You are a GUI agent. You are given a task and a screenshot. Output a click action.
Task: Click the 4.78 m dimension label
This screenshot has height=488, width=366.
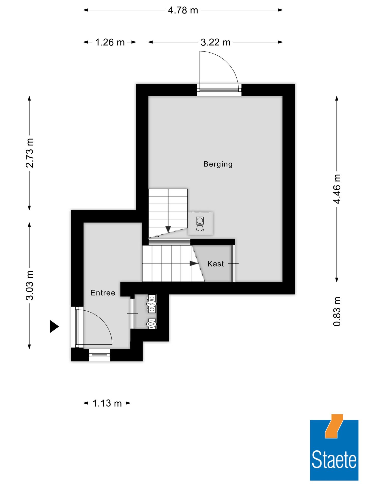coord(183,10)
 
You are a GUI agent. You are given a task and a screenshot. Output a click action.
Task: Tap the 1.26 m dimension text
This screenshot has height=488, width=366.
coord(110,42)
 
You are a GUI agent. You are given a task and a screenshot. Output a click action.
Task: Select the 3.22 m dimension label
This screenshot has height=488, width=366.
coord(215,42)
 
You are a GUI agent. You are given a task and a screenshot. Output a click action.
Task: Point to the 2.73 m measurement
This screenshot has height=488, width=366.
coord(29,153)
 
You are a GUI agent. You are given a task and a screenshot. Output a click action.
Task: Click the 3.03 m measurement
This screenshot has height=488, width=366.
coord(29,285)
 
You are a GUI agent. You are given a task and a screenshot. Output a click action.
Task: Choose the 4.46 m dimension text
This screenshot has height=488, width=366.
coord(337,189)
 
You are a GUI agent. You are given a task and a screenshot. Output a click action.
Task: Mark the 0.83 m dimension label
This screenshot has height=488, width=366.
coord(337,311)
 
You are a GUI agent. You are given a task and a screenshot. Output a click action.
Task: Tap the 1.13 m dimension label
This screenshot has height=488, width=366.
coord(107,403)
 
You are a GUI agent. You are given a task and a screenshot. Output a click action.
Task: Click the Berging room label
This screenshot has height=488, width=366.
coord(218,164)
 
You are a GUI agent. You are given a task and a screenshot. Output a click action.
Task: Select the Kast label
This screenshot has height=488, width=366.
coord(216,264)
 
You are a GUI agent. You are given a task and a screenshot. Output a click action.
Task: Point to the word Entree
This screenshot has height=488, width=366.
coord(103,293)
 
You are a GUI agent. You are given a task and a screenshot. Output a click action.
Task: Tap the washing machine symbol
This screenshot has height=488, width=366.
coord(200,224)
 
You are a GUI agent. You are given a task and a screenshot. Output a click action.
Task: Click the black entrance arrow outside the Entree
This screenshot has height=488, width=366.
coord(54,326)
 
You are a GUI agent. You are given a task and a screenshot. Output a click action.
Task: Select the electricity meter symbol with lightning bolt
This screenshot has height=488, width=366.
coord(152,303)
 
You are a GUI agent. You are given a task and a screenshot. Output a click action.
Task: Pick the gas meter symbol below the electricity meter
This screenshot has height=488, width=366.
coord(152,324)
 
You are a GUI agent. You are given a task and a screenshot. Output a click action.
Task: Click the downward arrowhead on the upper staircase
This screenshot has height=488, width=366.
coord(168,229)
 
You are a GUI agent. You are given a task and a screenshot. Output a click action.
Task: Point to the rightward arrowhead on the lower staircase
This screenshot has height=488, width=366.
coord(194,264)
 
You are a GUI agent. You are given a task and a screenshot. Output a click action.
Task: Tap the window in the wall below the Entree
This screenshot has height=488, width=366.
coord(99,355)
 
